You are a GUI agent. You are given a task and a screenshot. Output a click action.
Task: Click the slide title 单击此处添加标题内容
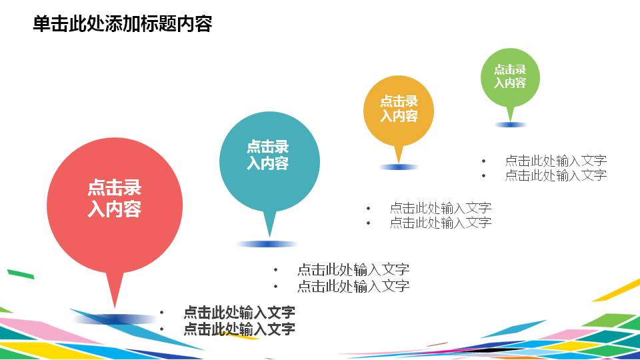pos(122,24)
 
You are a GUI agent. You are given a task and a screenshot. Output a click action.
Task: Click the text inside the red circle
pos(115,199)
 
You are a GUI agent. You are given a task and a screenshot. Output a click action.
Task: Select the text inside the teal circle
pos(268,155)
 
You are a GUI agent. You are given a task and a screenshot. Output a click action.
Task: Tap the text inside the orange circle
pos(399,109)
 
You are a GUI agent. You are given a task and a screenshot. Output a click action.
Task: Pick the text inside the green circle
pos(510,76)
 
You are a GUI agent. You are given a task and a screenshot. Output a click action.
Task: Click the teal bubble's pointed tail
pos(269,223)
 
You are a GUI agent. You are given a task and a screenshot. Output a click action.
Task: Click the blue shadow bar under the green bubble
pos(511,125)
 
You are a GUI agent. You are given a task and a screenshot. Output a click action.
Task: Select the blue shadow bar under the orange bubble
pos(399,167)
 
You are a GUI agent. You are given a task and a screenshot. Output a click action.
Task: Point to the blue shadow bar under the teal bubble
pos(268,244)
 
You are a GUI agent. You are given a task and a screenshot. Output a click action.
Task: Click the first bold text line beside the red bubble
pos(239,312)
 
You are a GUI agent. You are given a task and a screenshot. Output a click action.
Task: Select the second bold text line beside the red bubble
pos(239,328)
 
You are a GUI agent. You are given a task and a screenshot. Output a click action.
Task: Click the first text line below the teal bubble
pos(353,269)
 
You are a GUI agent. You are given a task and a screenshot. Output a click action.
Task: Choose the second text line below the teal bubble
pos(353,286)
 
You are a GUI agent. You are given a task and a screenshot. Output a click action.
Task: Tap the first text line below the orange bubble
pos(440,207)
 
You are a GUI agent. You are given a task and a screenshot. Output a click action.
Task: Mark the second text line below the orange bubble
pos(440,223)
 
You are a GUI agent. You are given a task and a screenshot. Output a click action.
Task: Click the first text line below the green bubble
pos(555,160)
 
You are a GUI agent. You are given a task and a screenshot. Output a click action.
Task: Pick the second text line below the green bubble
pos(555,175)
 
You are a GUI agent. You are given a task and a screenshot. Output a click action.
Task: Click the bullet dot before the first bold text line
pos(162,312)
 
